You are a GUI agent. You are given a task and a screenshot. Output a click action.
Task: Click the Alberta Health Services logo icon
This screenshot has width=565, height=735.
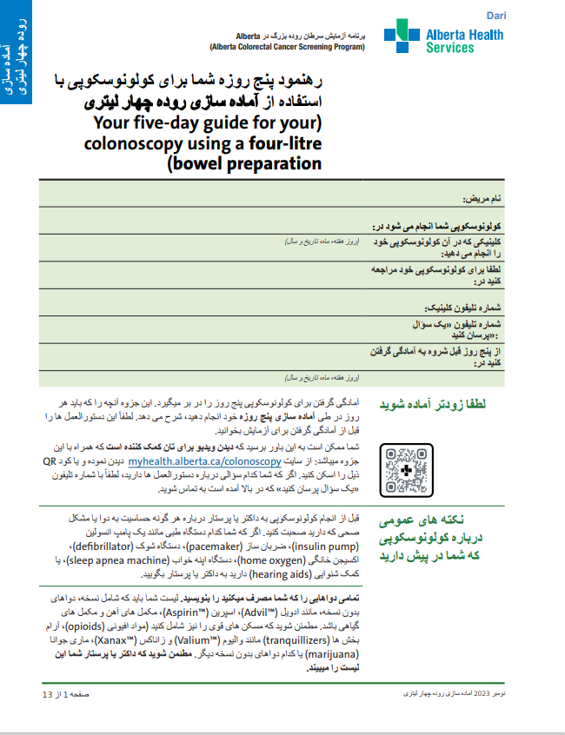point(401,37)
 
